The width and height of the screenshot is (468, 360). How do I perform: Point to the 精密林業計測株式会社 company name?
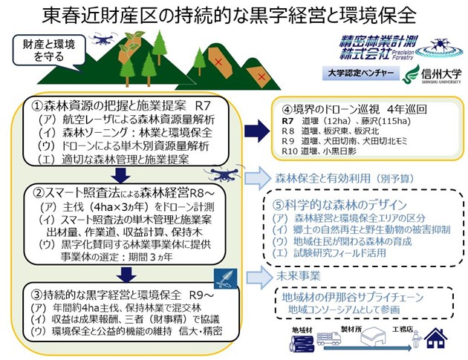click(365, 46)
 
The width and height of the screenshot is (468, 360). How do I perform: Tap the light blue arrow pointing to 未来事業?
click(253, 274)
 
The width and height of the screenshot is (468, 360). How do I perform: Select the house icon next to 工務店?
click(433, 338)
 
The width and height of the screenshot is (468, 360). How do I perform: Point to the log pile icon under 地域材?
click(301, 339)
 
